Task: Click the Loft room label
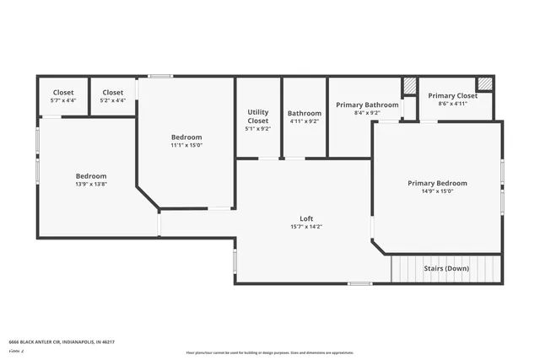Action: pyautogui.click(x=306, y=218)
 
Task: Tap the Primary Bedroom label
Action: pyautogui.click(x=437, y=183)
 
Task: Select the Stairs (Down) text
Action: pyautogui.click(x=445, y=269)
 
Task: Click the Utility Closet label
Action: pyautogui.click(x=258, y=116)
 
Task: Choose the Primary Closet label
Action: pyautogui.click(x=452, y=96)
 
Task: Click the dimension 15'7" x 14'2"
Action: pyautogui.click(x=306, y=226)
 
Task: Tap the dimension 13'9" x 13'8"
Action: pyautogui.click(x=91, y=184)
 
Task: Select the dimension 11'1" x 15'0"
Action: pyautogui.click(x=186, y=145)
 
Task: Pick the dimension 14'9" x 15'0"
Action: pyautogui.click(x=437, y=191)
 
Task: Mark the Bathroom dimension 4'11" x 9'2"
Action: pyautogui.click(x=304, y=121)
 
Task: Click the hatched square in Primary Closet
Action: pyautogui.click(x=484, y=83)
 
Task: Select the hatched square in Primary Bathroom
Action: pyautogui.click(x=409, y=86)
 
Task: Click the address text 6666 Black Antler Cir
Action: pyautogui.click(x=61, y=341)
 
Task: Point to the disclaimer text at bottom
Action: pyautogui.click(x=270, y=352)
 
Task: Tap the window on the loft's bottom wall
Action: pyautogui.click(x=360, y=283)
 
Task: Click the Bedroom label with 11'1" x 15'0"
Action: pyautogui.click(x=186, y=137)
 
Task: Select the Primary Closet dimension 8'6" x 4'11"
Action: pyautogui.click(x=452, y=104)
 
